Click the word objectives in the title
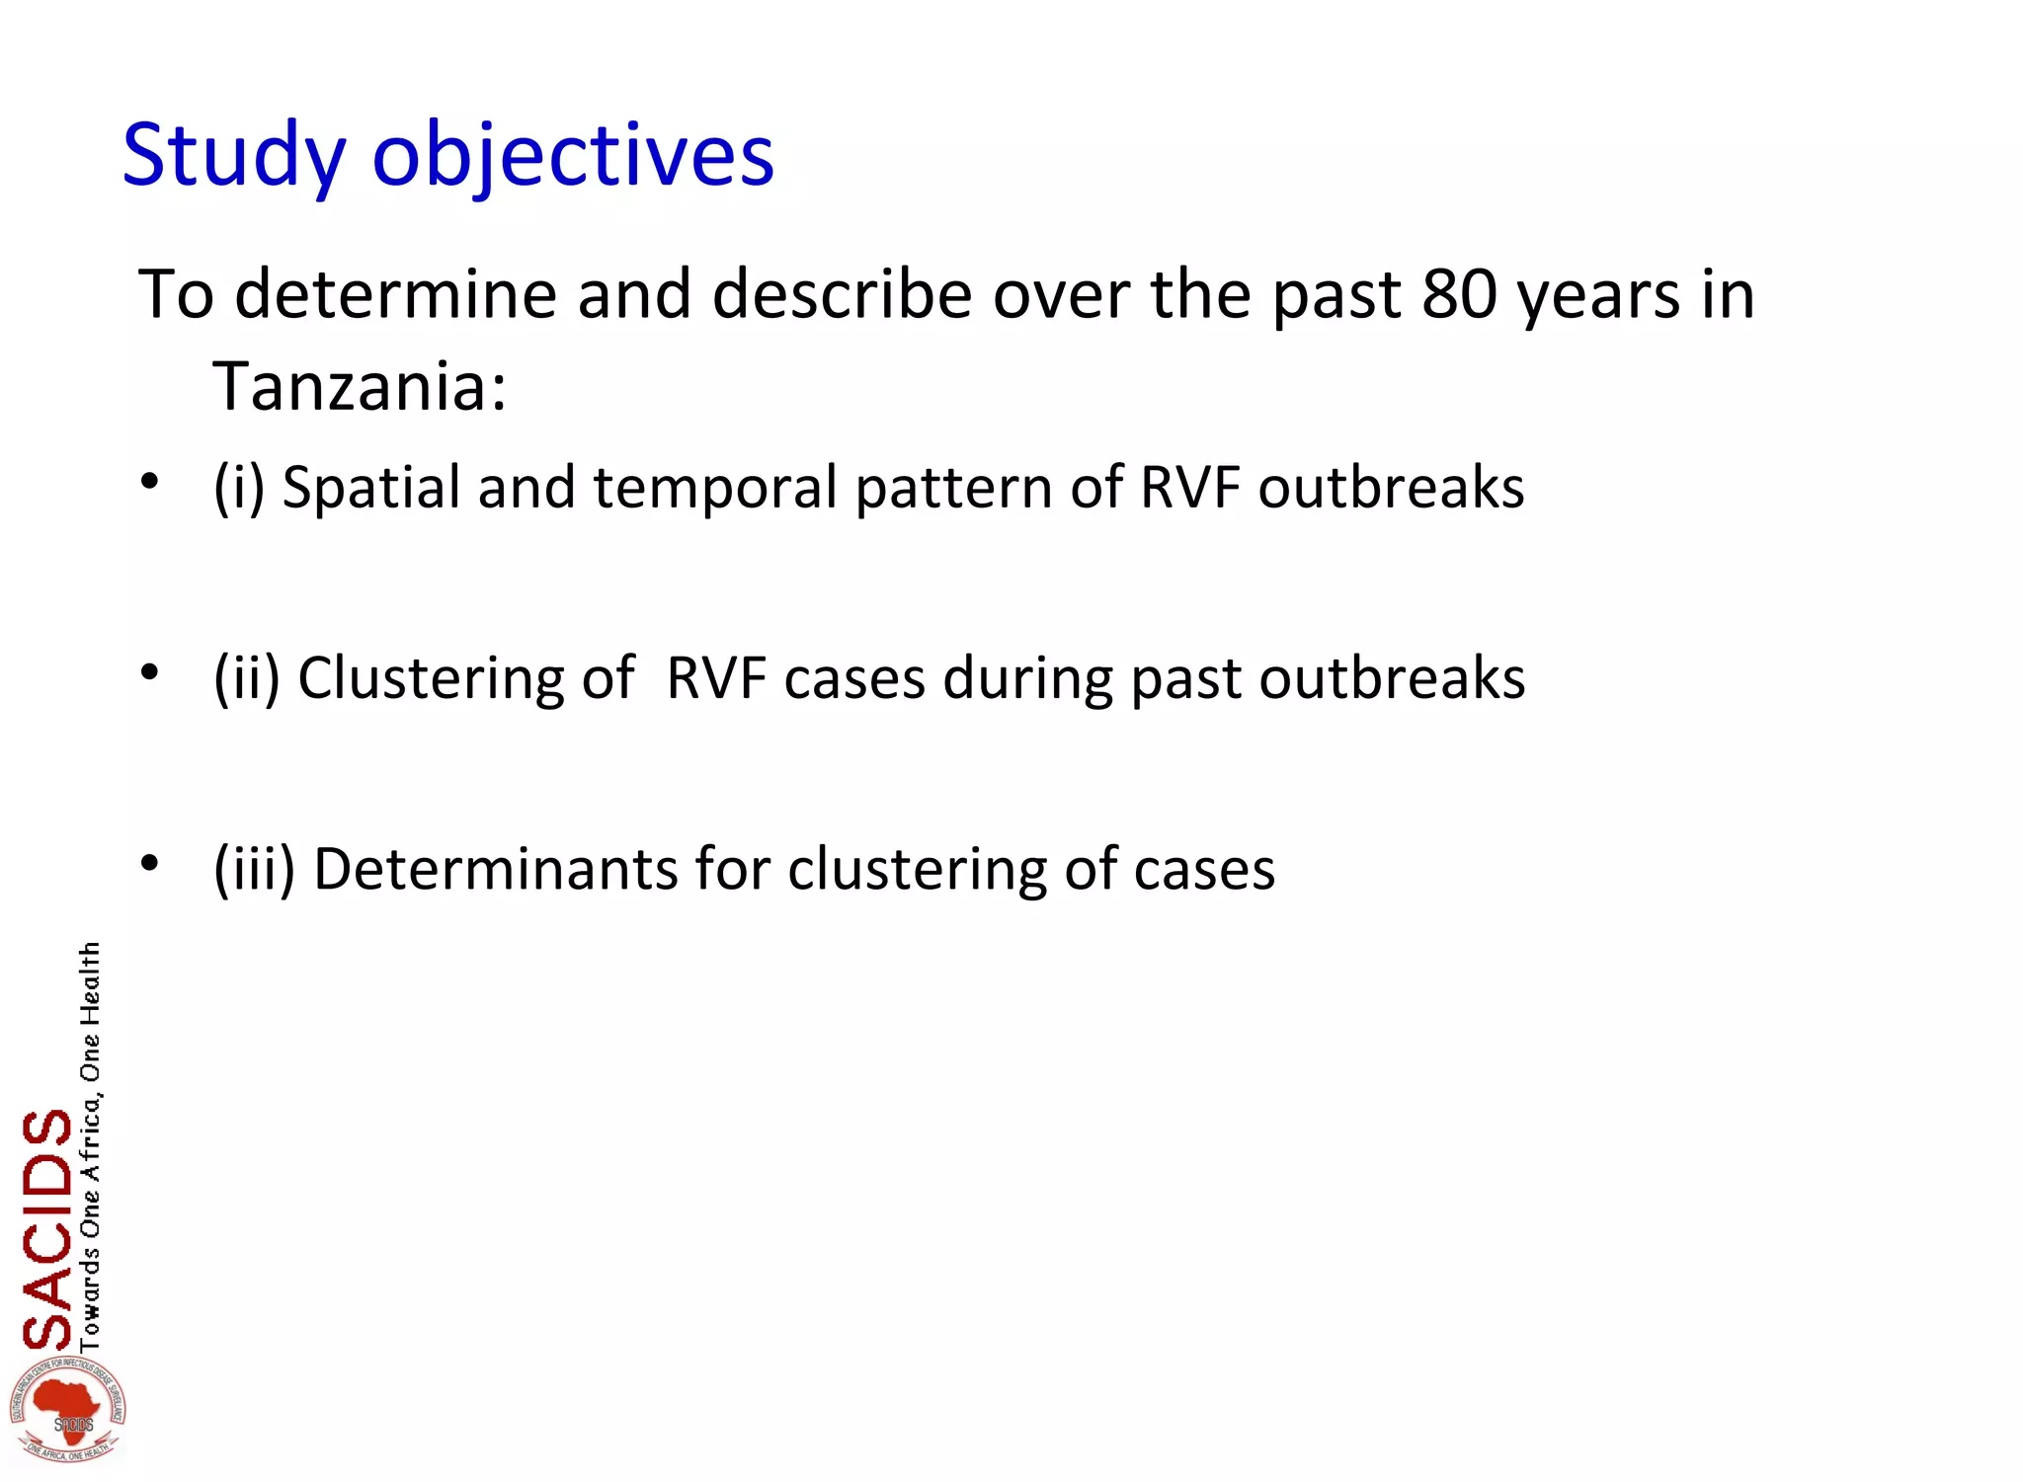click(x=573, y=156)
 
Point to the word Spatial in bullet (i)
click(x=371, y=487)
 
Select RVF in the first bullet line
click(x=1189, y=487)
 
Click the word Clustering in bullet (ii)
click(x=431, y=678)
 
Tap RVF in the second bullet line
click(x=716, y=678)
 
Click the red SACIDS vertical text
click(x=47, y=1229)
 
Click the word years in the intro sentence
click(x=1598, y=293)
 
